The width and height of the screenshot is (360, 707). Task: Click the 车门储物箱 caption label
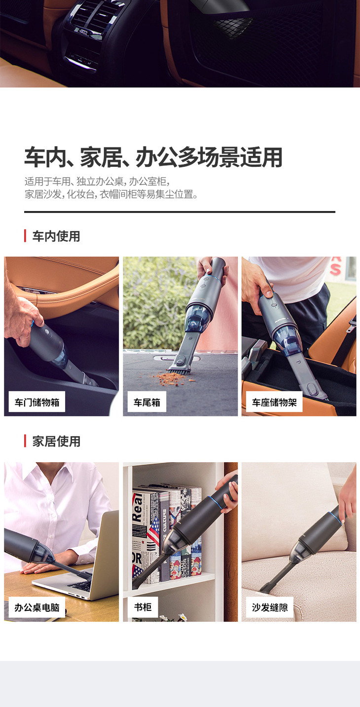[36, 402]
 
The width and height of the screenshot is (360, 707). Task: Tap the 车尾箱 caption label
[147, 402]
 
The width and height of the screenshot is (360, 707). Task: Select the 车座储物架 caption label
[274, 402]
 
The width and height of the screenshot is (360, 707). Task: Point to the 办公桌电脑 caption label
[36, 607]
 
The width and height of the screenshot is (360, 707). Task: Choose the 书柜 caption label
[143, 607]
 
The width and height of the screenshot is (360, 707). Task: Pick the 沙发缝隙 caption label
[270, 607]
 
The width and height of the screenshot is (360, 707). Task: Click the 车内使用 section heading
[56, 236]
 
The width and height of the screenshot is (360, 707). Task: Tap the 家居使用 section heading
[56, 441]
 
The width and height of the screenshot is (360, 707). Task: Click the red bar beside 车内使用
[25, 236]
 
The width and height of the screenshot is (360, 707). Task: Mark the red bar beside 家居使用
[25, 441]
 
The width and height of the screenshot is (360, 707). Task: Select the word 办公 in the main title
[156, 157]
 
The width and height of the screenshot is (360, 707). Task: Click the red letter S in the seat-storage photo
[335, 269]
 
